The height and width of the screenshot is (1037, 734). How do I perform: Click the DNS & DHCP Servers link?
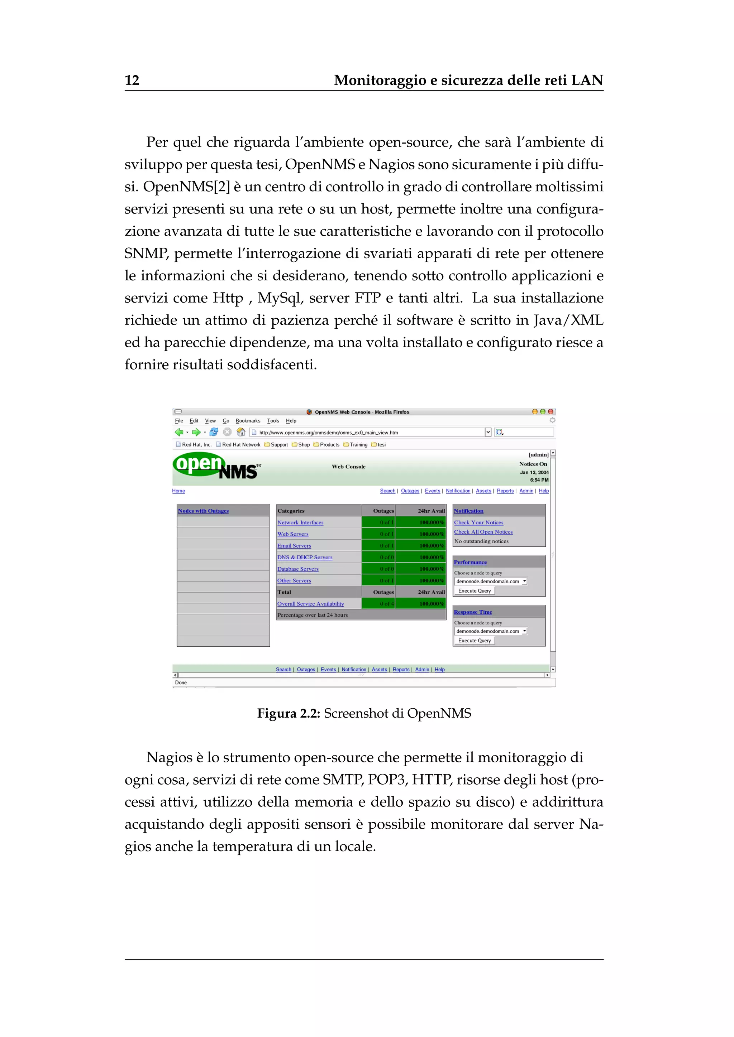click(x=305, y=557)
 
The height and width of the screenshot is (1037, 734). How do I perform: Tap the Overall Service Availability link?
click(x=310, y=604)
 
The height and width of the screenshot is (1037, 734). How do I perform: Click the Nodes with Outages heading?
click(x=203, y=511)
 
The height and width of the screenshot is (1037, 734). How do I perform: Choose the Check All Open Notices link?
click(x=483, y=532)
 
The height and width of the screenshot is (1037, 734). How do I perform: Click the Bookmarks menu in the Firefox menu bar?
click(x=248, y=420)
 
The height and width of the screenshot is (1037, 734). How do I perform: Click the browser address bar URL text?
click(x=328, y=433)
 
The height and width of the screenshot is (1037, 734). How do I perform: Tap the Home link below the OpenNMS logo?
click(x=178, y=491)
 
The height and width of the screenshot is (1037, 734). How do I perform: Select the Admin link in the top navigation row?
click(x=526, y=491)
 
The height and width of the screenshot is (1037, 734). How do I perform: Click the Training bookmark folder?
click(x=358, y=445)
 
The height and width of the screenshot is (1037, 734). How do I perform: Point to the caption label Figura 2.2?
click(x=289, y=714)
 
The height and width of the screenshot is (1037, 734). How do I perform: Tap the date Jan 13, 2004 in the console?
click(x=534, y=472)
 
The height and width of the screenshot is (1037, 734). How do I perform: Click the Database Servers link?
click(x=297, y=569)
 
